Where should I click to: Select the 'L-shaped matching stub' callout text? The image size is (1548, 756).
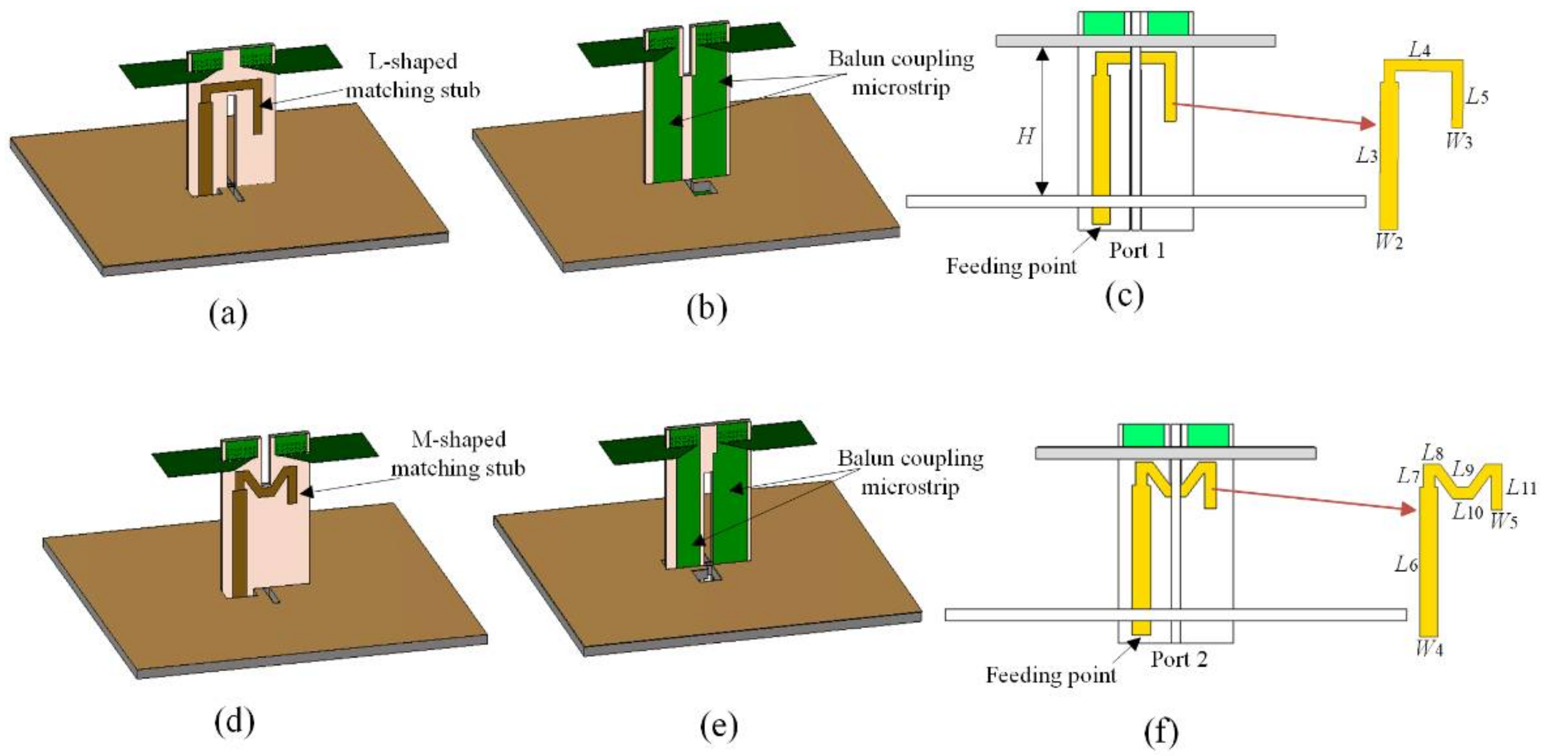tap(413, 76)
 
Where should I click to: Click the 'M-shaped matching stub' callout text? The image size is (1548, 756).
tap(458, 454)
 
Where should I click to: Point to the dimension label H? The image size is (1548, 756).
tap(1025, 137)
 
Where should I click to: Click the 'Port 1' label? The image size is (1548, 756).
tap(1137, 250)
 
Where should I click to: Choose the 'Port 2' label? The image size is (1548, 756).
tap(1179, 659)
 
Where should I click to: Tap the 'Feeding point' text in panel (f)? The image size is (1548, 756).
tap(1050, 676)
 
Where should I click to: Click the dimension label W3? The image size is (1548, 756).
tap(1459, 142)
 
